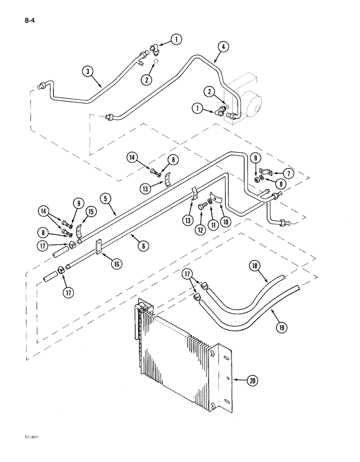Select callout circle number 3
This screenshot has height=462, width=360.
tap(88, 71)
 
